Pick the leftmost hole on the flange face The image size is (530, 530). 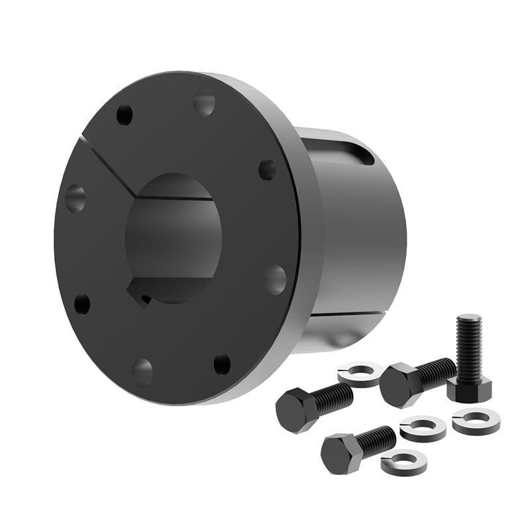(x=75, y=198)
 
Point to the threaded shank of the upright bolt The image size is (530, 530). (x=469, y=344)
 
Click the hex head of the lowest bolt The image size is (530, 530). (x=340, y=454)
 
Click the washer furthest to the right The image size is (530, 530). (x=476, y=422)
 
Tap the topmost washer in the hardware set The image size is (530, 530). (x=359, y=374)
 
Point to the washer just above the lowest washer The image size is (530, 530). (x=423, y=429)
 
